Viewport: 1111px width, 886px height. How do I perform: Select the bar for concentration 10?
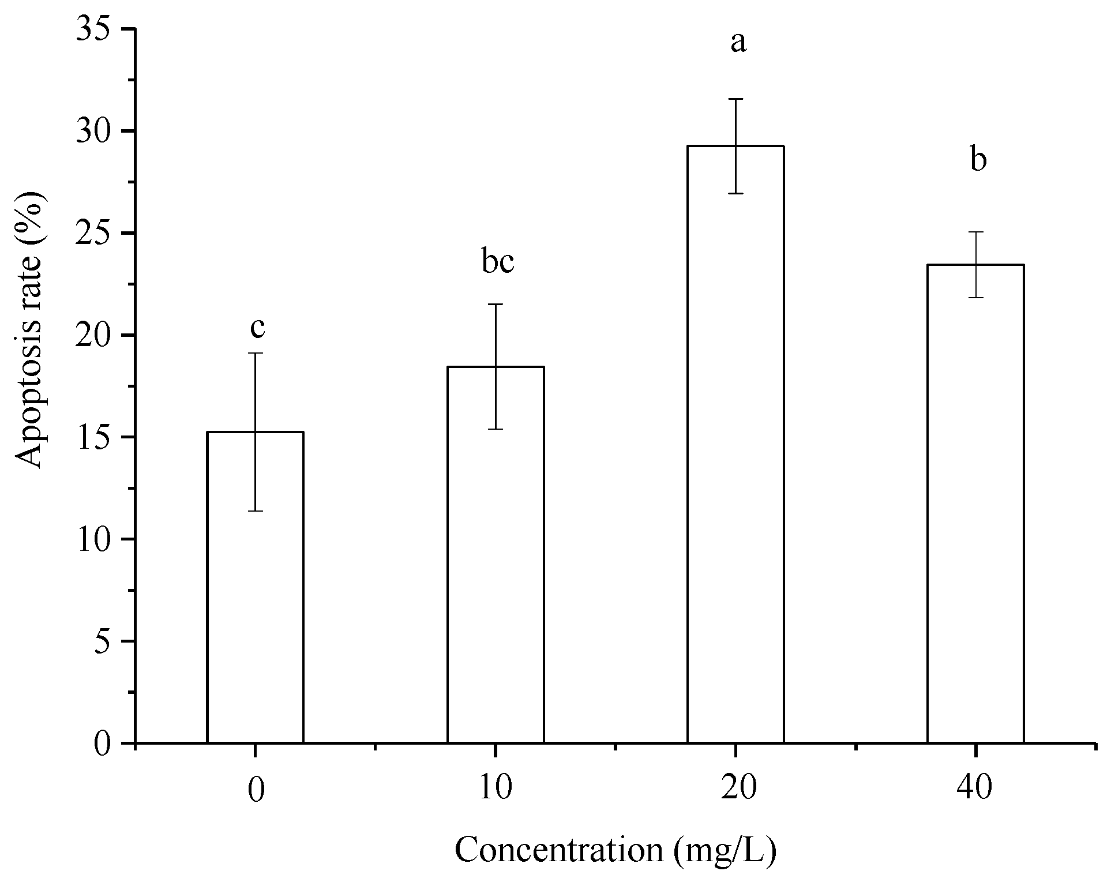[x=496, y=554]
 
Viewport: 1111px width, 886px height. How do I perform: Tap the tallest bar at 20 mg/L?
[x=735, y=444]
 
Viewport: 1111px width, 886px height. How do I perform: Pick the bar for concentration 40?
[x=975, y=502]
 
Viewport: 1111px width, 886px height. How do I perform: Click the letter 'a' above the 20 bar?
[x=738, y=42]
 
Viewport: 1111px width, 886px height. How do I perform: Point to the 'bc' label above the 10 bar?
[x=497, y=262]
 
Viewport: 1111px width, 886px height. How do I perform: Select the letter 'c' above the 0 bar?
[x=257, y=328]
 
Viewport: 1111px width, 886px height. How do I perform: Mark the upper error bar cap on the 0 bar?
[x=255, y=353]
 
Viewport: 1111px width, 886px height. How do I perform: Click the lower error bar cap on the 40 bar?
[x=975, y=297]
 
